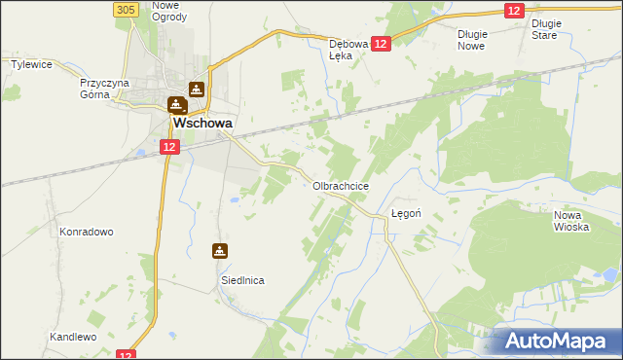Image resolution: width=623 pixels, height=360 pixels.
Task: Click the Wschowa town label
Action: (202, 125)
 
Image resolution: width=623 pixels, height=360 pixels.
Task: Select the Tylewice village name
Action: (30, 64)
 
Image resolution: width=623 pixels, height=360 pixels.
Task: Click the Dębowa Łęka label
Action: (350, 50)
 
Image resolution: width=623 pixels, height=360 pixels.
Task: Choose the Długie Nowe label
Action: (471, 39)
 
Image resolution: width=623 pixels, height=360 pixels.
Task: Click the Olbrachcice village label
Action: (340, 185)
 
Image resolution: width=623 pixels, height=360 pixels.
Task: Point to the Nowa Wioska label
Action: (572, 221)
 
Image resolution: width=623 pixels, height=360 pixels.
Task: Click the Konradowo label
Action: (87, 232)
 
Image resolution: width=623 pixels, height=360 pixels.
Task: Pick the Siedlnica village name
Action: (240, 279)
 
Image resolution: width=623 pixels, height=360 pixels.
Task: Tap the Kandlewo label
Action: (74, 337)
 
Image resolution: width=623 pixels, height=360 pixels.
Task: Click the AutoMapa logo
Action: (559, 341)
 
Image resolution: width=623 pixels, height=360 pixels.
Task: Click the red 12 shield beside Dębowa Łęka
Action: (381, 44)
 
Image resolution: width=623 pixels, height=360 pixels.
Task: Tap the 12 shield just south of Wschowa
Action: (169, 147)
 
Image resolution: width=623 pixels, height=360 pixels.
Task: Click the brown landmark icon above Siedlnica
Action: (221, 250)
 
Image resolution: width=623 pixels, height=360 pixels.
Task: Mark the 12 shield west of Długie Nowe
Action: (515, 10)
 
